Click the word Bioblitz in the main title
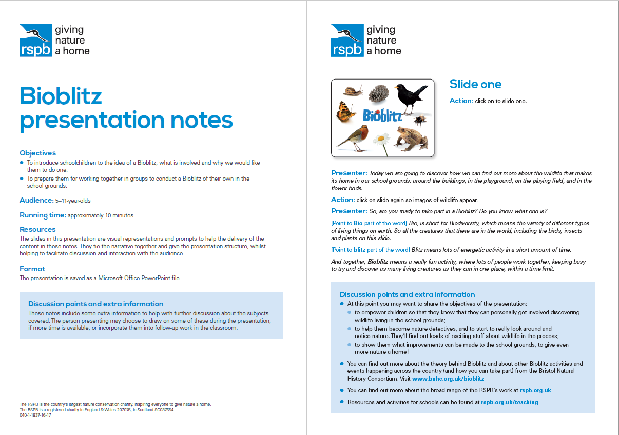click(x=61, y=96)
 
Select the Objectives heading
click(x=37, y=153)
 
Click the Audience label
click(x=36, y=200)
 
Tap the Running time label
click(x=43, y=215)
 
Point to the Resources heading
click(x=37, y=229)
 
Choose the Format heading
click(x=32, y=269)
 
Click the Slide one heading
click(x=475, y=84)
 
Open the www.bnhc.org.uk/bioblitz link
click(x=448, y=379)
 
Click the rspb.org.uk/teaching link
click(x=509, y=402)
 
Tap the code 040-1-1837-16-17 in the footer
click(x=35, y=415)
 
